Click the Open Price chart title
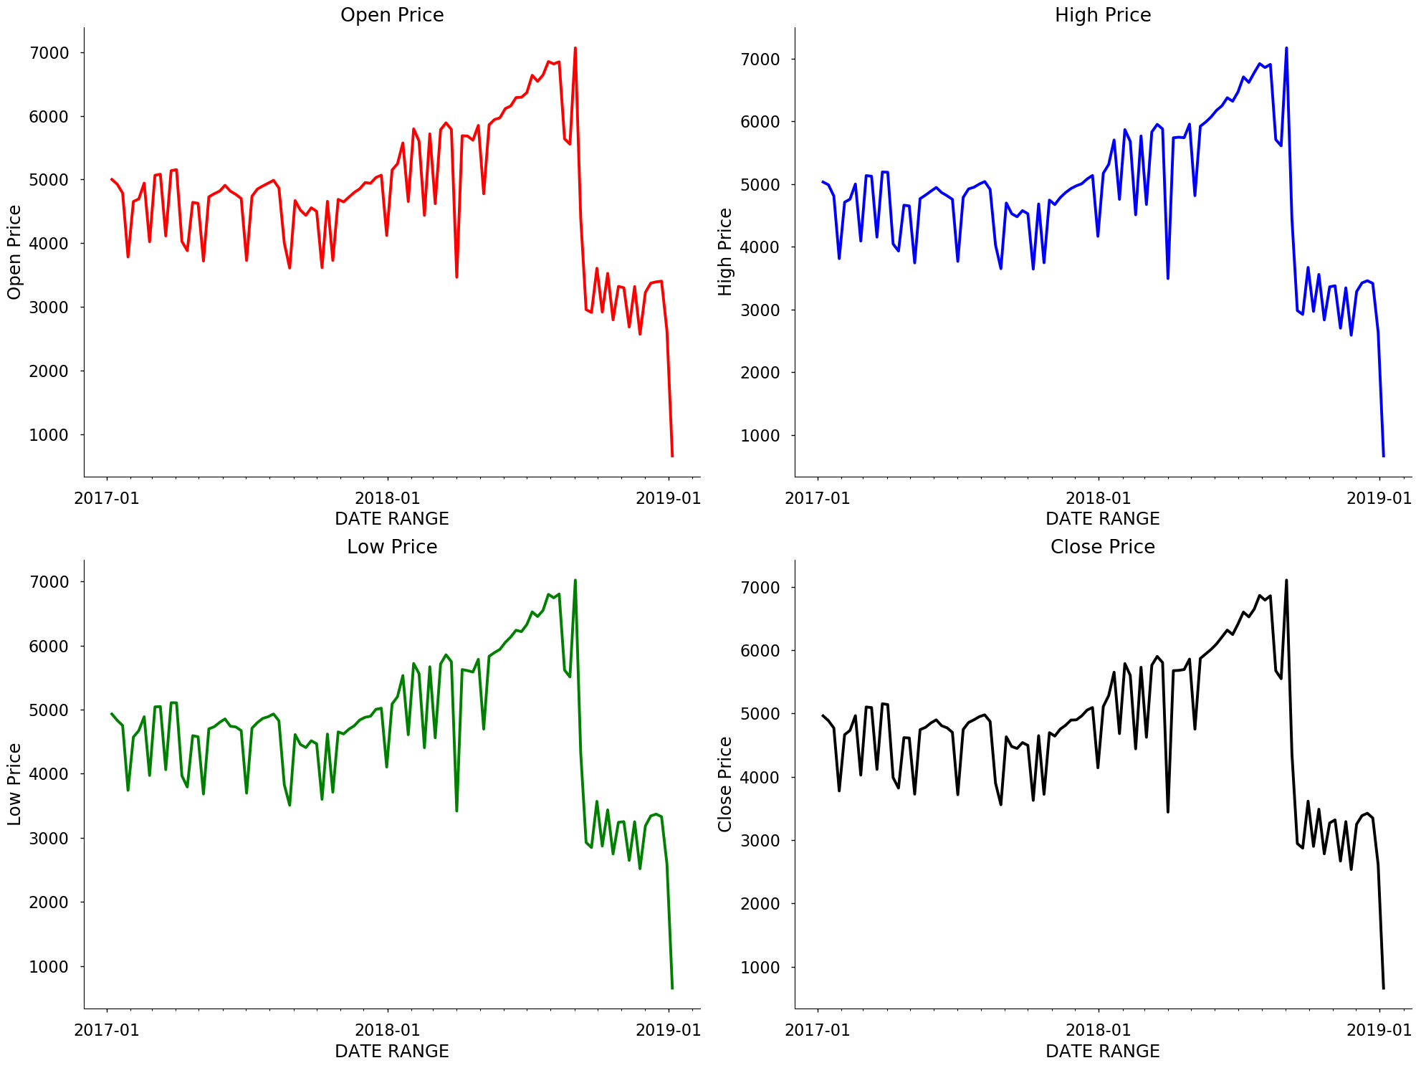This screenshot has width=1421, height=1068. [x=392, y=15]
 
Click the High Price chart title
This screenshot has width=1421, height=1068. [x=1102, y=15]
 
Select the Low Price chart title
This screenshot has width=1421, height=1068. [x=392, y=547]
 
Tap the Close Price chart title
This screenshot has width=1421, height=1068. [x=1102, y=547]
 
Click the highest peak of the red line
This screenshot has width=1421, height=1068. [x=575, y=49]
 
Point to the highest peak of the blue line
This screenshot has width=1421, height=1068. [x=1286, y=49]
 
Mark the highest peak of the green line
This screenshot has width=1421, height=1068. [x=575, y=581]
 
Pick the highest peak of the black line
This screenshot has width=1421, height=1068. [x=1286, y=581]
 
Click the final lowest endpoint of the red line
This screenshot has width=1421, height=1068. [x=672, y=455]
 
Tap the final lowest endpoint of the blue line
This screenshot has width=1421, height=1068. [x=1383, y=455]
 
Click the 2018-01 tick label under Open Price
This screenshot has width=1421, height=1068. [x=387, y=498]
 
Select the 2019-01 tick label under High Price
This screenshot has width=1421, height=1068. [x=1379, y=498]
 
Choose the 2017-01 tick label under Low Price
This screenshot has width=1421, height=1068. [x=107, y=1030]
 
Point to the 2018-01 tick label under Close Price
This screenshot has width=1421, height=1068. [x=1098, y=1030]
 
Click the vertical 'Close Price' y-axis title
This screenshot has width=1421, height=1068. [x=725, y=784]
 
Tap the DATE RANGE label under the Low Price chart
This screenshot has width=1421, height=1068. [x=392, y=1051]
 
